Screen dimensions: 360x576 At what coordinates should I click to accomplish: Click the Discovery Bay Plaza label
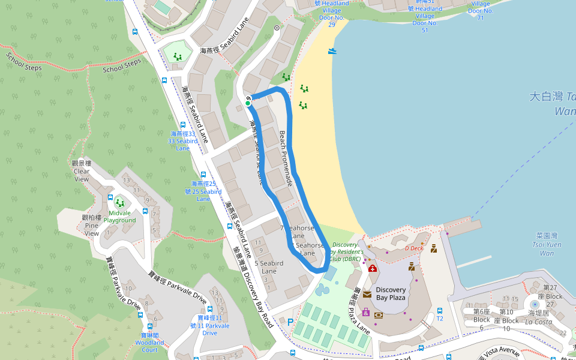pyautogui.click(x=391, y=293)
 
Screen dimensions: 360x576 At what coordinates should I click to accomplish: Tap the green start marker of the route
pyautogui.click(x=248, y=103)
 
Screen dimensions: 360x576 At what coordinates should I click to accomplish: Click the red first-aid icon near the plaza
pyautogui.click(x=373, y=268)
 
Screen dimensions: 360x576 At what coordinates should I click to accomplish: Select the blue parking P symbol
pyautogui.click(x=290, y=322)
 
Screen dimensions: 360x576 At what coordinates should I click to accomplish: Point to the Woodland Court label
pyautogui.click(x=149, y=346)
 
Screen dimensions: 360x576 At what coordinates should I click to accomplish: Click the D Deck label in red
pyautogui.click(x=413, y=248)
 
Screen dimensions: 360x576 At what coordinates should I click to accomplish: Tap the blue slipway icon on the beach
pyautogui.click(x=332, y=51)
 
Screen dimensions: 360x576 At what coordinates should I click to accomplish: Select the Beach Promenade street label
pyautogui.click(x=286, y=158)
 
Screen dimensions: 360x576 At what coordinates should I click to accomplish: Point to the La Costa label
pyautogui.click(x=538, y=322)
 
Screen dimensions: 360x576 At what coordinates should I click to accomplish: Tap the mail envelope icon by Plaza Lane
pyautogui.click(x=367, y=295)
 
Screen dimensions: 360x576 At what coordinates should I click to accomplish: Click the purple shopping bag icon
pyautogui.click(x=365, y=312)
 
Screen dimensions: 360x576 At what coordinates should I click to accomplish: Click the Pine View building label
pyautogui.click(x=91, y=225)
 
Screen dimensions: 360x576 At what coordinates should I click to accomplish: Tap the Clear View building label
pyautogui.click(x=82, y=171)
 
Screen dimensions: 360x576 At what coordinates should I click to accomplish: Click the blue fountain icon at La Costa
pyautogui.click(x=535, y=305)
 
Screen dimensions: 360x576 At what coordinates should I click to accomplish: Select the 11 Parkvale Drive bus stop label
pyautogui.click(x=209, y=325)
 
